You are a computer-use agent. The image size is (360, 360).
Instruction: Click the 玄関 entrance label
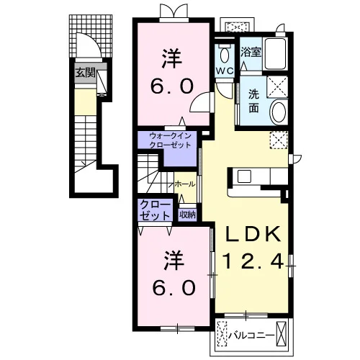(x=86, y=73)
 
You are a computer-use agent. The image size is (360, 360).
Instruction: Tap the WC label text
(x=225, y=71)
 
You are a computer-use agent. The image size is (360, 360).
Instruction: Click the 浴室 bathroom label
(x=251, y=52)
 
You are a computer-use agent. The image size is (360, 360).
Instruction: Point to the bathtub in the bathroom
(x=275, y=53)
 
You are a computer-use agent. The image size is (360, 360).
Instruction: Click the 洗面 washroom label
(x=253, y=102)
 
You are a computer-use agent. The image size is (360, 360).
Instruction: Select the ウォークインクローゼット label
(x=170, y=140)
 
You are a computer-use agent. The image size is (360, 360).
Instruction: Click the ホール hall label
(x=185, y=184)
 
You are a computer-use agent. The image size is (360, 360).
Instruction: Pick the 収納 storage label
(x=188, y=215)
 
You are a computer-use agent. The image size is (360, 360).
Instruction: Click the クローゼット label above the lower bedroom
(x=155, y=210)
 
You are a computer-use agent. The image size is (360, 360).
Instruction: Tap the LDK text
(x=253, y=234)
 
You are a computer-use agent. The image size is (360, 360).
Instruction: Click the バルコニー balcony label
(x=251, y=336)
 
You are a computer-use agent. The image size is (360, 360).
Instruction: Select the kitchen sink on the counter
(x=244, y=176)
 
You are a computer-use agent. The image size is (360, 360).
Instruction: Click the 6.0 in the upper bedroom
(x=172, y=86)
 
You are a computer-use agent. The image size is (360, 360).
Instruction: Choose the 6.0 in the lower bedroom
(x=174, y=288)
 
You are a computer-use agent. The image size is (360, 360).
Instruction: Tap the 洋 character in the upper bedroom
(x=172, y=59)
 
